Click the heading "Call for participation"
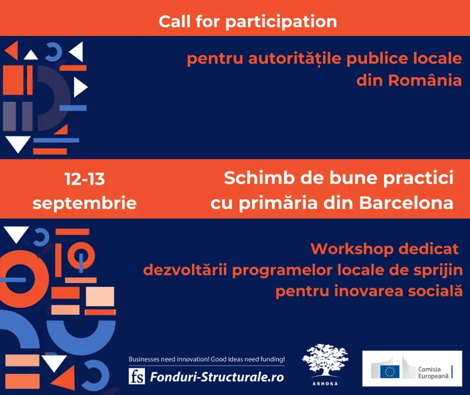pyautogui.click(x=247, y=22)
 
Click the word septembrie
pyautogui.click(x=85, y=203)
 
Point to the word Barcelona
pyautogui.click(x=405, y=203)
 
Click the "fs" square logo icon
pyautogui.click(x=136, y=376)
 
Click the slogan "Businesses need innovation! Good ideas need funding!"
pyautogui.click(x=206, y=359)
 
